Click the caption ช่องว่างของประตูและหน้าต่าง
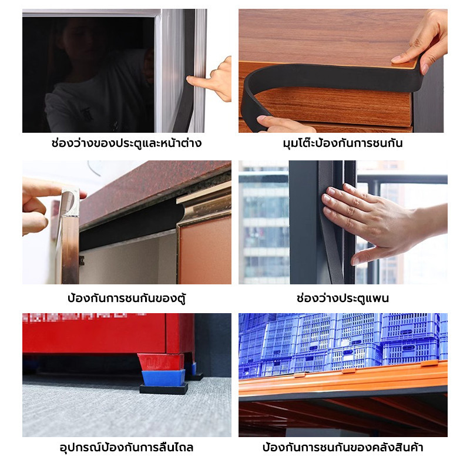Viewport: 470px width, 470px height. (x=126, y=143)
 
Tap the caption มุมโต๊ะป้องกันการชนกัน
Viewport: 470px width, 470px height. (x=343, y=143)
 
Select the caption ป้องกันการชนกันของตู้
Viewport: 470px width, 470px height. (x=126, y=298)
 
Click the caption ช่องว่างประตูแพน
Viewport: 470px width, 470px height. (x=343, y=298)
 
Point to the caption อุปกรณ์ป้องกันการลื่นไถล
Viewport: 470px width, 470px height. (x=126, y=448)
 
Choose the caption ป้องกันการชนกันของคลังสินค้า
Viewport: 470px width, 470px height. (x=343, y=447)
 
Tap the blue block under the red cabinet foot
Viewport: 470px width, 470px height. (x=163, y=377)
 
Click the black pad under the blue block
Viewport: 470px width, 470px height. (x=164, y=390)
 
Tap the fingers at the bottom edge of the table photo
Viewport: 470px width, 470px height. (x=285, y=125)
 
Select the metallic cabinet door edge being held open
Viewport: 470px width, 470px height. (x=69, y=237)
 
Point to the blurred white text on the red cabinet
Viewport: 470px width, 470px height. (x=84, y=317)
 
